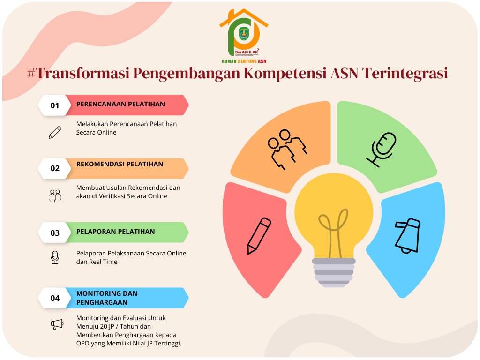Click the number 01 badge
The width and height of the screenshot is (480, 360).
point(55,105)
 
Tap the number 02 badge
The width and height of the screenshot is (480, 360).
point(55,168)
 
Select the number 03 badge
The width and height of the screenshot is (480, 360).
point(55,232)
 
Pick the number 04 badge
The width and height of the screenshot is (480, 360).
point(55,298)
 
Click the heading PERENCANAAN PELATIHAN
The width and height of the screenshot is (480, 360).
point(120,104)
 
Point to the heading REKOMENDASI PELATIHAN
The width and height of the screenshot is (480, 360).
point(120,164)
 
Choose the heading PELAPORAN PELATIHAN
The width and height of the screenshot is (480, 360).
point(115,232)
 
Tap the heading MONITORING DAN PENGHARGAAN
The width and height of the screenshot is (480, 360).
point(107,298)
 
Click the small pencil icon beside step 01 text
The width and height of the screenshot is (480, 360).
point(55,133)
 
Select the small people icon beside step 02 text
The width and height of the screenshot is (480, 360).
point(55,195)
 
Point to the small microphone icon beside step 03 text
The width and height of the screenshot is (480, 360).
point(55,257)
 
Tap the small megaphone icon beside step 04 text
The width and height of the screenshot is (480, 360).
point(57,324)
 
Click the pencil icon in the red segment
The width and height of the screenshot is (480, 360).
point(259,235)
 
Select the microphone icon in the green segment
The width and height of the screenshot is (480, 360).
point(381,149)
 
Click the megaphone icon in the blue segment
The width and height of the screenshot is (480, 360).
point(406,236)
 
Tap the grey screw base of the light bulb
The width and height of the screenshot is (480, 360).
point(334,272)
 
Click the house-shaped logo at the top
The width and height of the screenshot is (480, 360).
point(244,36)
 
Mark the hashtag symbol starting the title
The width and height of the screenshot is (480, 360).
point(32,74)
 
